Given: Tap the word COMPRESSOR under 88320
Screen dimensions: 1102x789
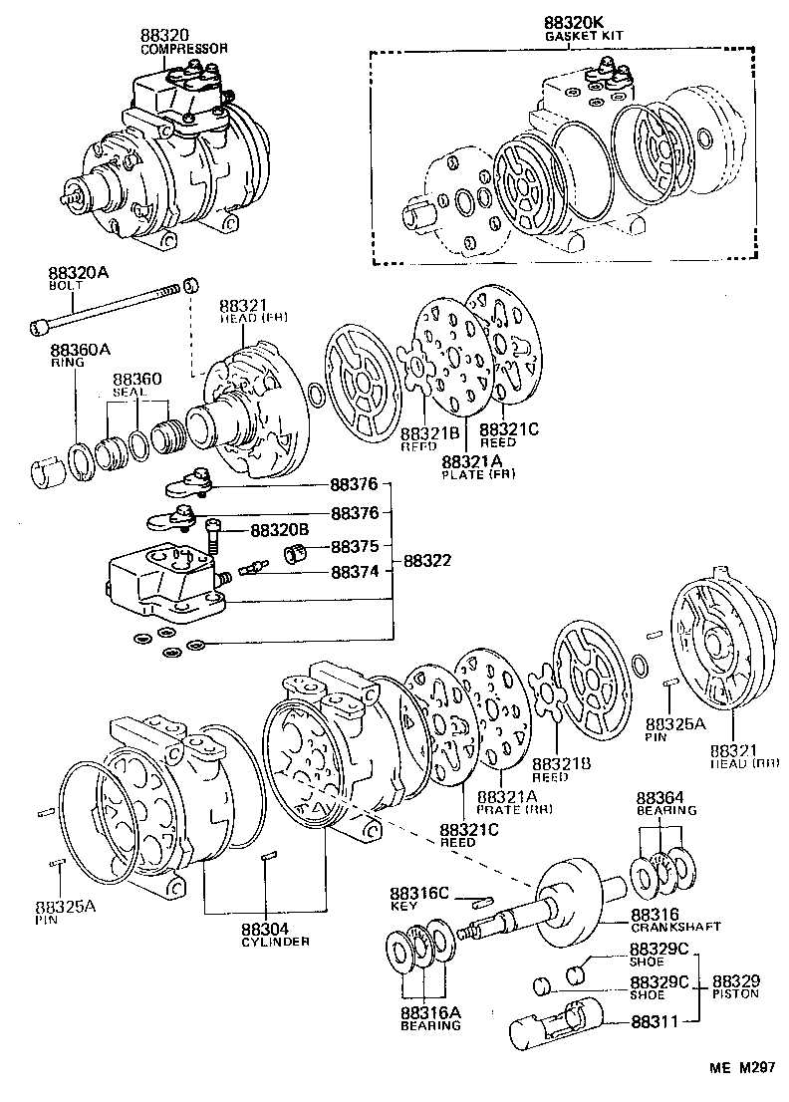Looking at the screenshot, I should point(184,48).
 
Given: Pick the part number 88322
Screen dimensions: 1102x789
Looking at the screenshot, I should point(427,561).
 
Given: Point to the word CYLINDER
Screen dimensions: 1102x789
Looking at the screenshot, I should point(275,942).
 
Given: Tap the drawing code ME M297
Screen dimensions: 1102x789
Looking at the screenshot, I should point(741,1069).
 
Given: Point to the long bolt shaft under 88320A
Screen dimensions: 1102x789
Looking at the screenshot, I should point(110,307).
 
